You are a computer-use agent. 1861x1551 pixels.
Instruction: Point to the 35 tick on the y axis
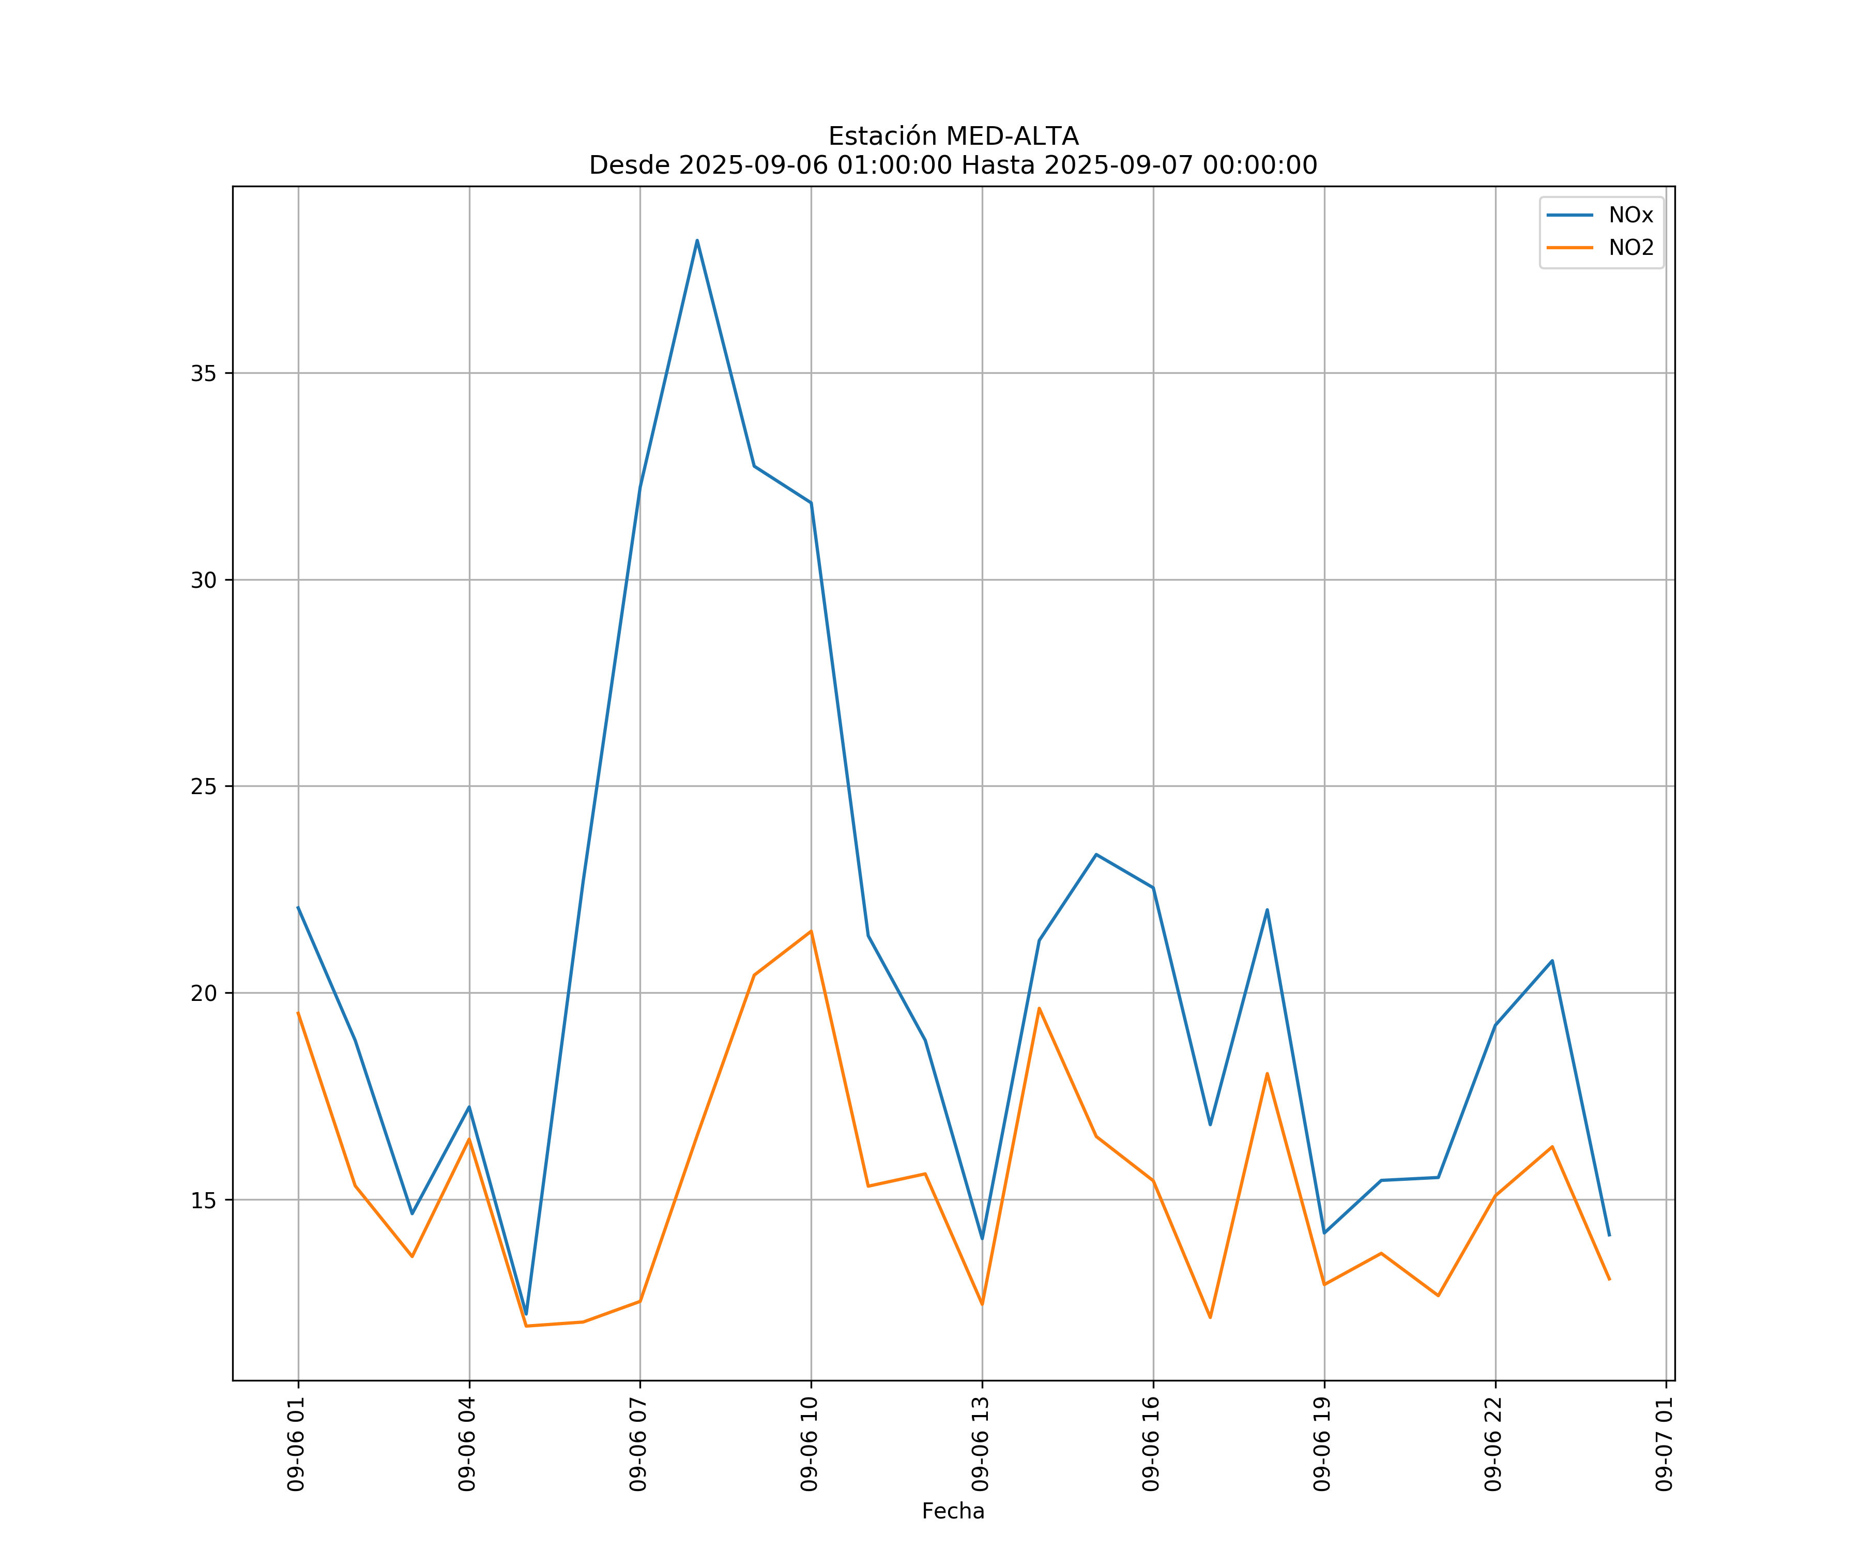[204, 373]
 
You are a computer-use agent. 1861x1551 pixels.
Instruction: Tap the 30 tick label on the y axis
[204, 581]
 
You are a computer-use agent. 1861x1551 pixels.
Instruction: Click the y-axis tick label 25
[204, 786]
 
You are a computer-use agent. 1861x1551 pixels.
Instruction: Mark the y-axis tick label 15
[204, 1200]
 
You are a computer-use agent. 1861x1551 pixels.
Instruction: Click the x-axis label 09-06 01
[297, 1444]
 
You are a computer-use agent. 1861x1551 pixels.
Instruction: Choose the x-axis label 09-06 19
[1323, 1444]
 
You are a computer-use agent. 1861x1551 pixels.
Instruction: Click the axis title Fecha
[953, 1511]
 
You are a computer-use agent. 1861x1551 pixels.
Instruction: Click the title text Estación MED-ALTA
[953, 136]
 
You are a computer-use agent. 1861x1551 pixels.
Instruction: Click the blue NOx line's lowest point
[526, 1314]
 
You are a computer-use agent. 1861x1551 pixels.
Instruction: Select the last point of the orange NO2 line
[1609, 1280]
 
